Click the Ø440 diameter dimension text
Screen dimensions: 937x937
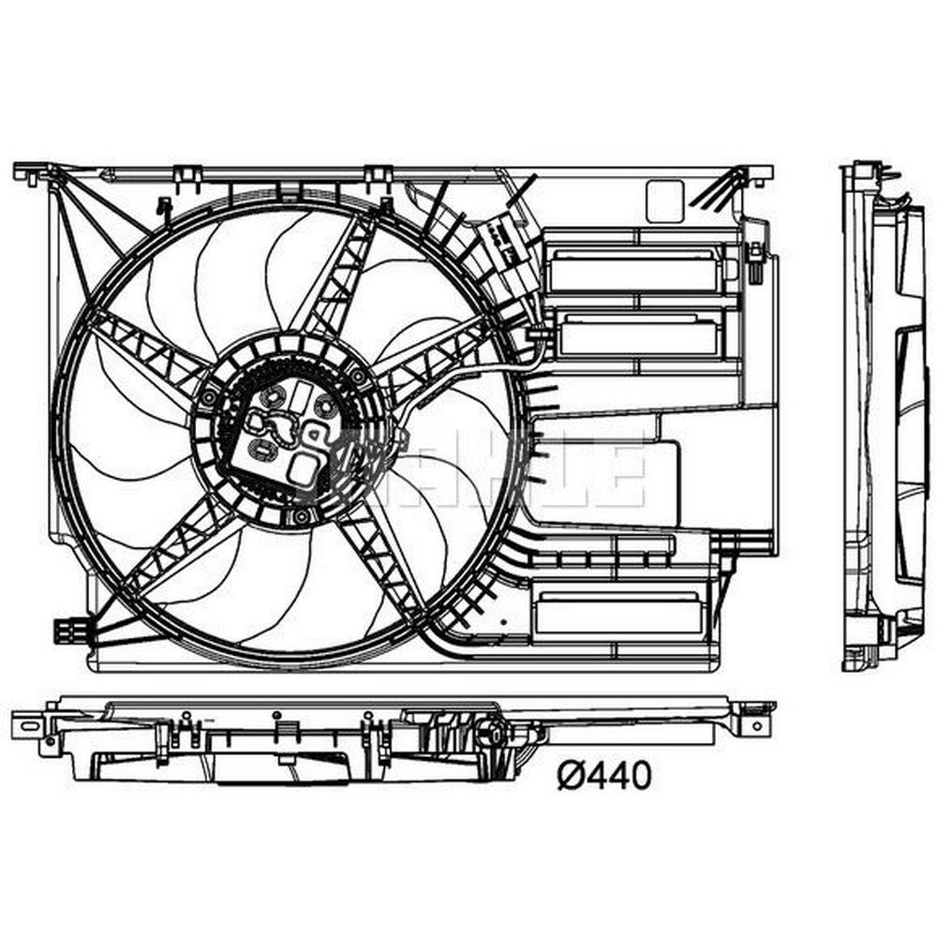[x=603, y=776]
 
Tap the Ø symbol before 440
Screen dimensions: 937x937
[x=570, y=776]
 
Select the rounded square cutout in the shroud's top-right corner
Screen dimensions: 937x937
[x=664, y=201]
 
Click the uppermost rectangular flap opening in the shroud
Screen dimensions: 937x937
[x=634, y=272]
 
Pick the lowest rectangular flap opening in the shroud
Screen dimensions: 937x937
[x=618, y=615]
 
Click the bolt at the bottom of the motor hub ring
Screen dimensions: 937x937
[x=302, y=515]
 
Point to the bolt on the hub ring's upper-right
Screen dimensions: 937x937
[x=358, y=377]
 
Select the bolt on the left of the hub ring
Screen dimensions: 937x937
[x=210, y=398]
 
